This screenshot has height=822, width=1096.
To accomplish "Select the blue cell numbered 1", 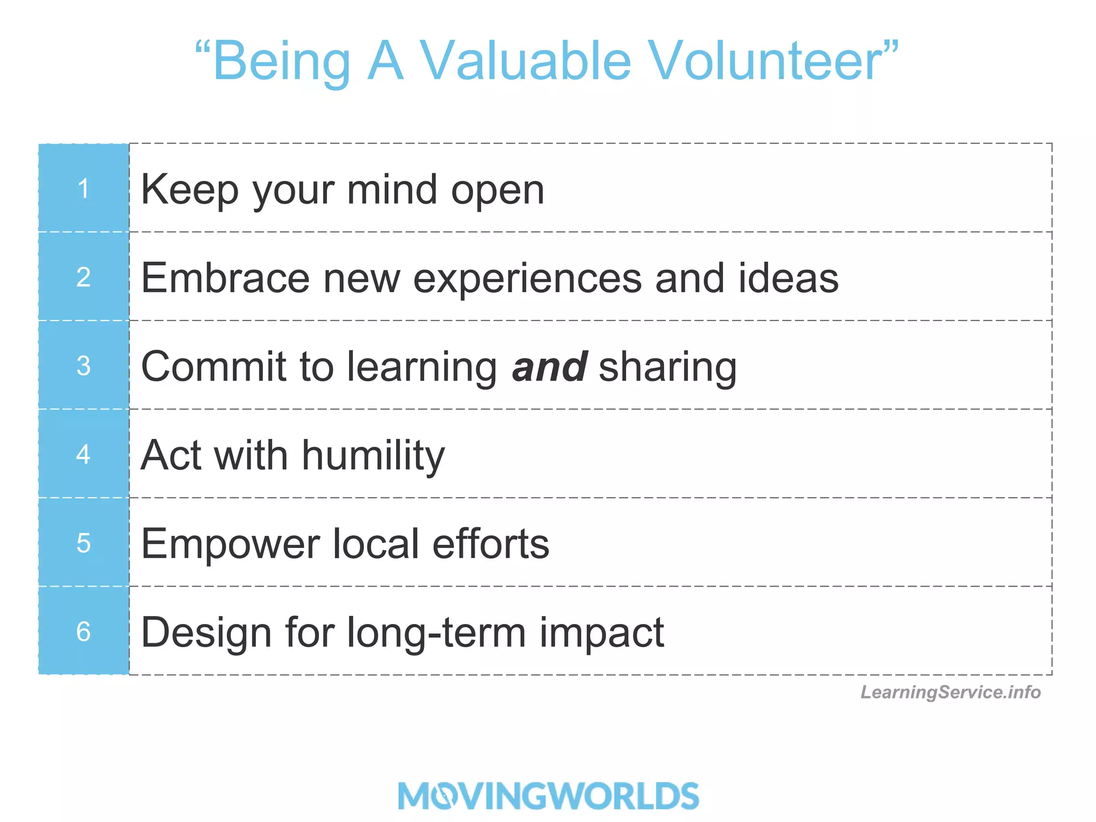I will pos(83,188).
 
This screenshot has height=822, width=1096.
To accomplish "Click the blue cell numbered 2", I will pos(83,277).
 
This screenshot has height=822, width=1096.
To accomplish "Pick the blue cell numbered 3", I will pos(83,366).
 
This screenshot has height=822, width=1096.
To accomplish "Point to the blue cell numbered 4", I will pos(83,454).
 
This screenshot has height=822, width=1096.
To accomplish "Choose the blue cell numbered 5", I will pos(83,543).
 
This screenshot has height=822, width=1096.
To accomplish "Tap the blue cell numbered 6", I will pos(83,631).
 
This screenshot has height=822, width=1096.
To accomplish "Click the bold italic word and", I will pos(550,367).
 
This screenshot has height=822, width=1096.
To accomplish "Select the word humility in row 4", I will pos(373,456).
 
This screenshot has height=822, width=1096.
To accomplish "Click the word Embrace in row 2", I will pos(225,278).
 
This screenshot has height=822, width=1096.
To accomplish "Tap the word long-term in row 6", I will pos(437,633).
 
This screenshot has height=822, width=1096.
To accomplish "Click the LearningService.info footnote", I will pos(950,692).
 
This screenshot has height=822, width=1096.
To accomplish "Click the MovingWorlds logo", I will pos(549,795).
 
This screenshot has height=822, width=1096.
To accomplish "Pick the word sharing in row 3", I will pos(667,368).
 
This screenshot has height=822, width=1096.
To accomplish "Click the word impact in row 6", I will pos(601,633).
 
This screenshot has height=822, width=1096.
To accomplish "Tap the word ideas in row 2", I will pos(788,278).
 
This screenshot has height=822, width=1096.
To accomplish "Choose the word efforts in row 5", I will pos(491,544).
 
